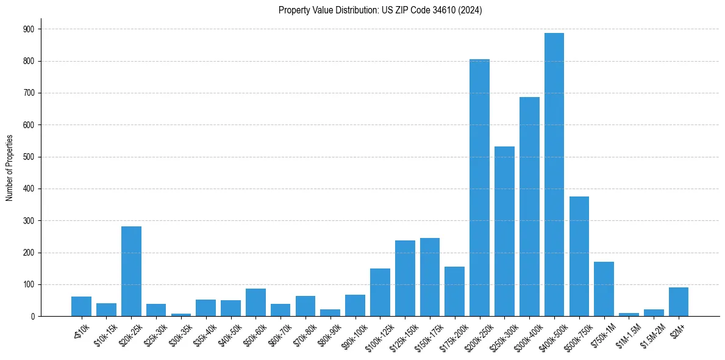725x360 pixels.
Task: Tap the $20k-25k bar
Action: click(131, 272)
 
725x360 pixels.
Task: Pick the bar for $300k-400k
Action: click(529, 207)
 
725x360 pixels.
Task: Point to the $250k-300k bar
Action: click(504, 231)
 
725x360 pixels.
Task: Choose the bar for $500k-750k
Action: click(579, 256)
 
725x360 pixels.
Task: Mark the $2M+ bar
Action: click(678, 302)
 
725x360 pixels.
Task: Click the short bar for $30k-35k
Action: click(181, 315)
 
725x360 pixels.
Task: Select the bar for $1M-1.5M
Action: click(629, 315)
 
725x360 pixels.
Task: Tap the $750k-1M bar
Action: click(604, 289)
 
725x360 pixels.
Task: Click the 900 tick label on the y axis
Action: click(29, 29)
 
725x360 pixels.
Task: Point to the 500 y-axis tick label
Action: click(29, 157)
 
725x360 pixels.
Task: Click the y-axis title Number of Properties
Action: click(9, 168)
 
